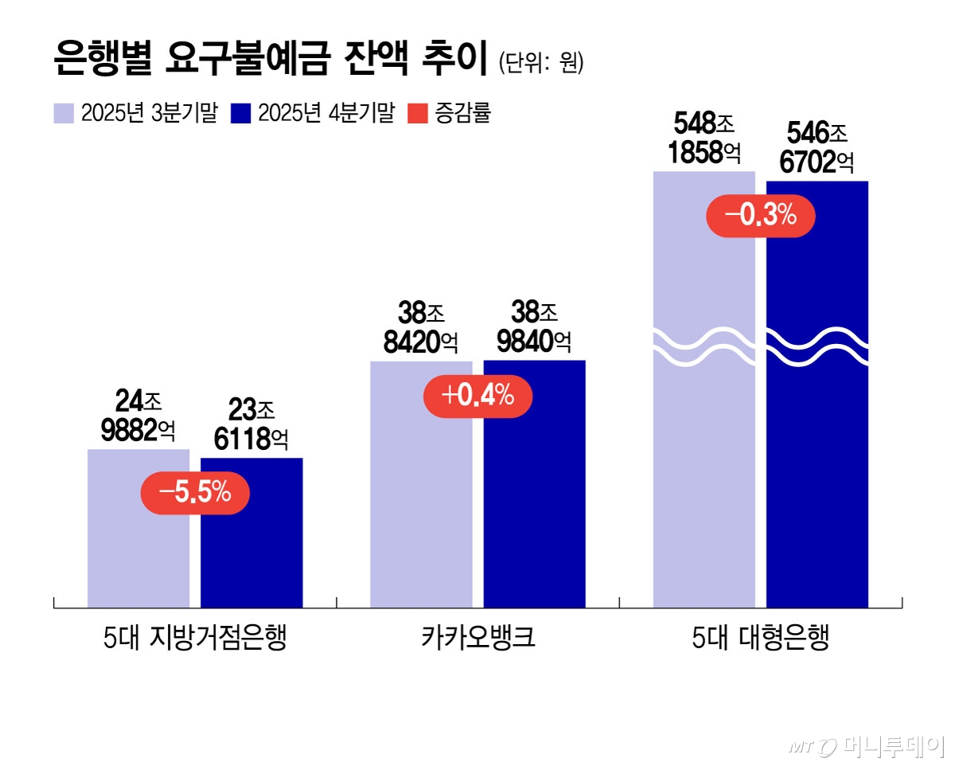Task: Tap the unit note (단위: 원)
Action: (x=541, y=64)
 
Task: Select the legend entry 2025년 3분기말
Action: (x=135, y=114)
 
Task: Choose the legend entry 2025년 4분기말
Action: (x=312, y=114)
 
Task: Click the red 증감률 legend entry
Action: (x=450, y=114)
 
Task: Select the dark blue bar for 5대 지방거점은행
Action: (x=251, y=549)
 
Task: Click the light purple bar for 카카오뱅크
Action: (x=421, y=510)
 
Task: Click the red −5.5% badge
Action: (x=195, y=494)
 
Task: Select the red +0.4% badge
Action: (x=478, y=395)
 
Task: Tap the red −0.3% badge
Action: (x=762, y=216)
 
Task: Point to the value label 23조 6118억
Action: (x=251, y=426)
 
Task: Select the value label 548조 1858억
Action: (x=704, y=138)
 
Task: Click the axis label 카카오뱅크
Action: (x=477, y=639)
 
